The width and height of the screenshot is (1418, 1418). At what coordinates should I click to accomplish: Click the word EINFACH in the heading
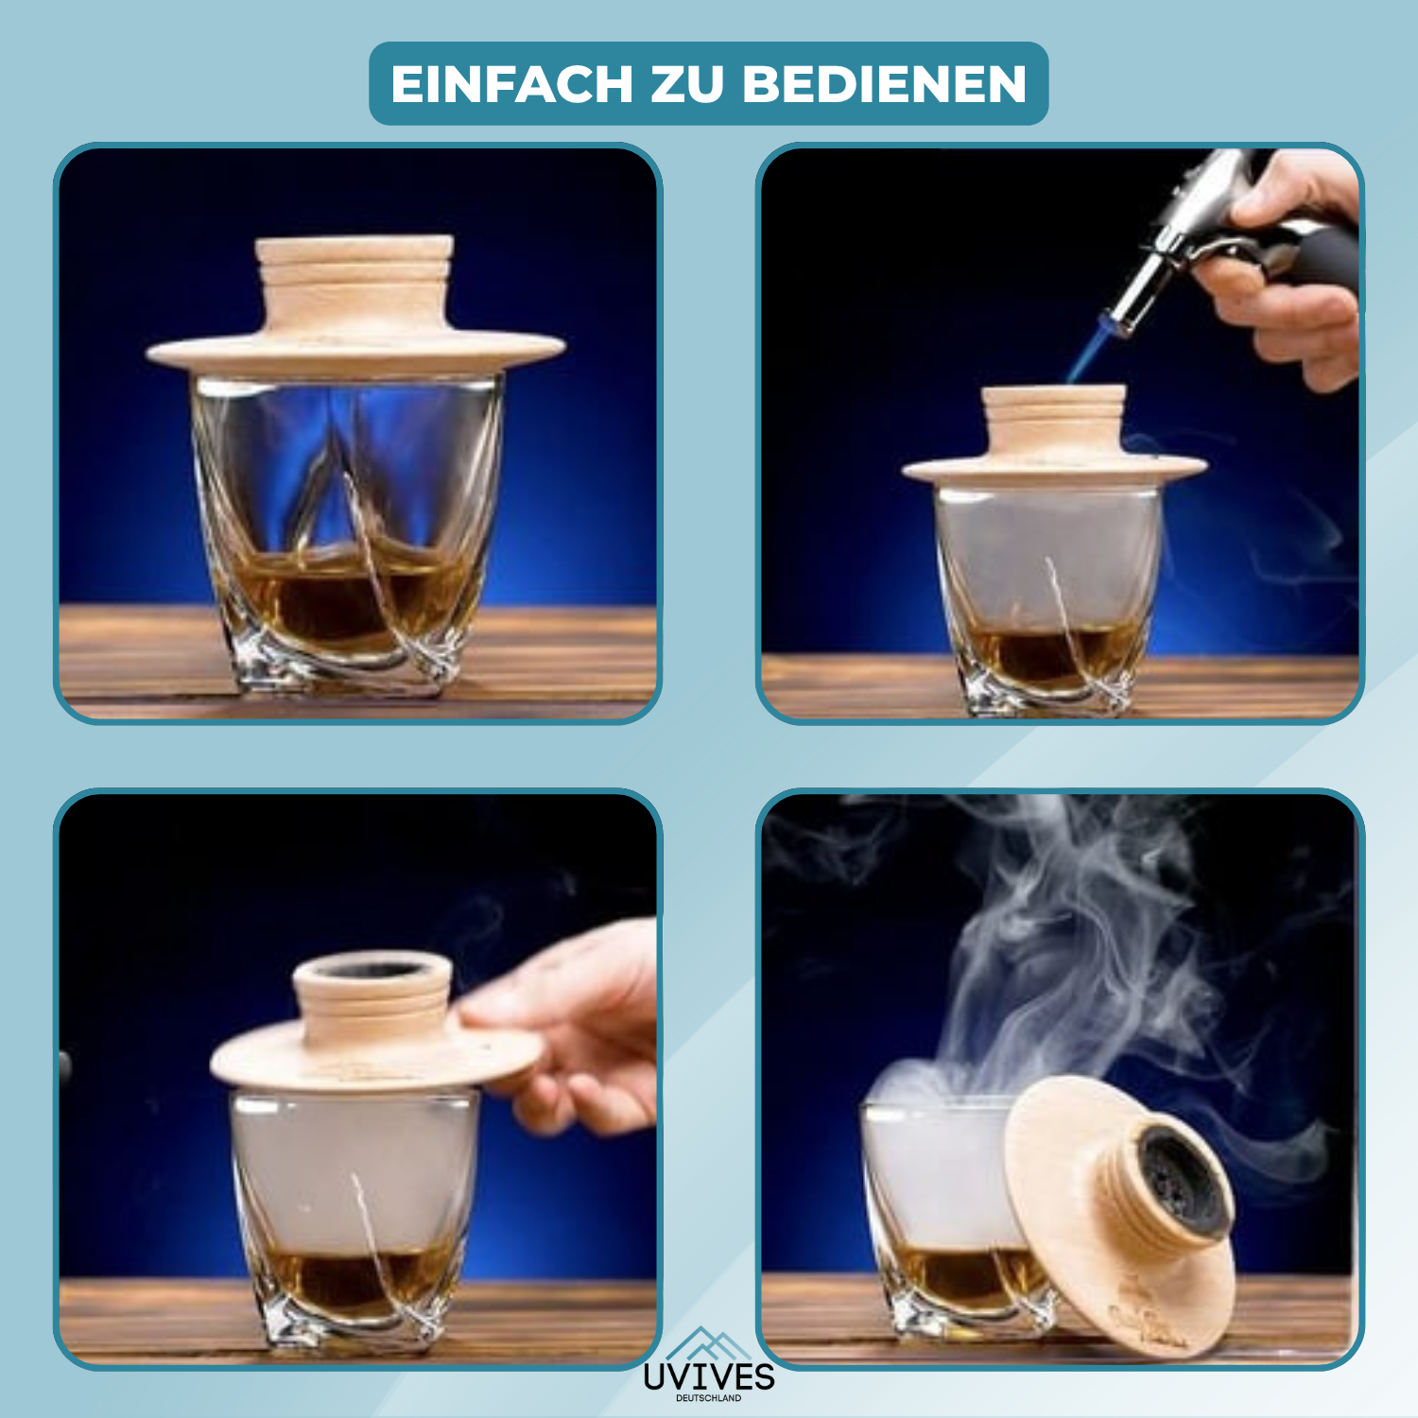point(511,84)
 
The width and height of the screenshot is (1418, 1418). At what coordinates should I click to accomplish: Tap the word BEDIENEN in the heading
point(884,84)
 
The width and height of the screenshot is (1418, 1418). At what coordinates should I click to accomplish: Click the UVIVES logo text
point(709,1376)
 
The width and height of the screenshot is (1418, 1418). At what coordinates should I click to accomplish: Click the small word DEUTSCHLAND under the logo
point(709,1398)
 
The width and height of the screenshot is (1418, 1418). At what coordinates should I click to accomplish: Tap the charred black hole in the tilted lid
point(1182,1182)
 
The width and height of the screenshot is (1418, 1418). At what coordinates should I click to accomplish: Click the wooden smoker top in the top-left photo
point(355,303)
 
